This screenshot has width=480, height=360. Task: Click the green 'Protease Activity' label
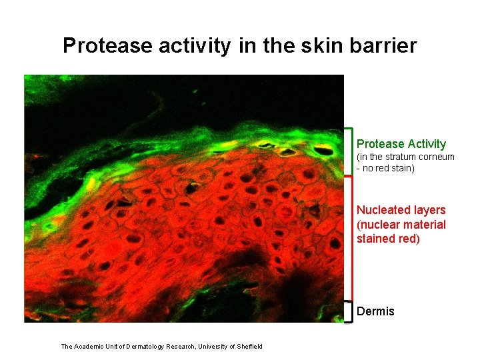(401, 144)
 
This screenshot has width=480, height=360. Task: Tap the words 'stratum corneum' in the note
(419, 157)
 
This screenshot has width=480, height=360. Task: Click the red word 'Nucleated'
(383, 210)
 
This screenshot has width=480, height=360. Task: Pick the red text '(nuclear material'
(401, 225)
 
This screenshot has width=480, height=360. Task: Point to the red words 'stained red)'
(388, 239)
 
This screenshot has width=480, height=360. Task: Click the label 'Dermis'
(375, 311)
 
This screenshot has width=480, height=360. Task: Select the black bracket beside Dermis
(349, 311)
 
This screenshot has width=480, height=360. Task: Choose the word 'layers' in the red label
(429, 210)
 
